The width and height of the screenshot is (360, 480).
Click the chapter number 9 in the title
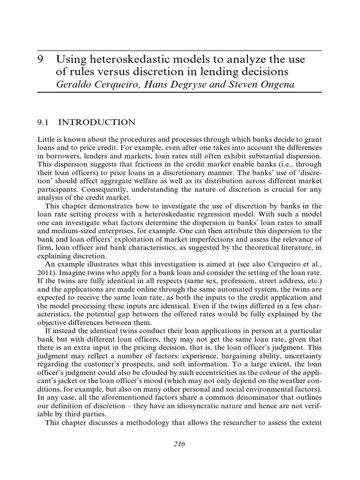[x=40, y=60]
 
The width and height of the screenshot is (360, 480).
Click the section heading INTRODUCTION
[x=97, y=123]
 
